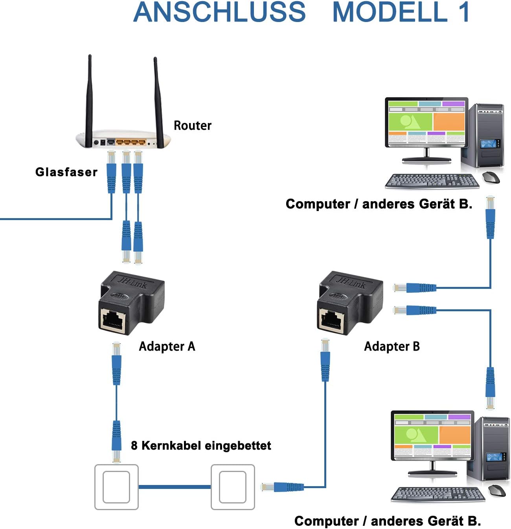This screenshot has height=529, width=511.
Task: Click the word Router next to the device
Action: coord(192,125)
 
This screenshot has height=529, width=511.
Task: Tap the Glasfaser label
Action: coord(66,172)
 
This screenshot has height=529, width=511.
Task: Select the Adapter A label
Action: coord(167,346)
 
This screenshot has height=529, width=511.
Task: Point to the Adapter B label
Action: coord(392,346)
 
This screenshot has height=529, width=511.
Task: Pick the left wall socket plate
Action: coord(116,487)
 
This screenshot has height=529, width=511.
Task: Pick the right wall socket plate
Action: coord(233,487)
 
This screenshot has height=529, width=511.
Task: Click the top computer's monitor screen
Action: coord(426,122)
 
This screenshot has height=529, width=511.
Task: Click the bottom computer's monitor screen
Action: coord(432,435)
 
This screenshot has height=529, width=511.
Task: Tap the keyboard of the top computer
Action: coord(432,181)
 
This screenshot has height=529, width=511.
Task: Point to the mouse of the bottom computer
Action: coord(497,490)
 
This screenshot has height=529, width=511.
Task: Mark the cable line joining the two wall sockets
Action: coord(175,487)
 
